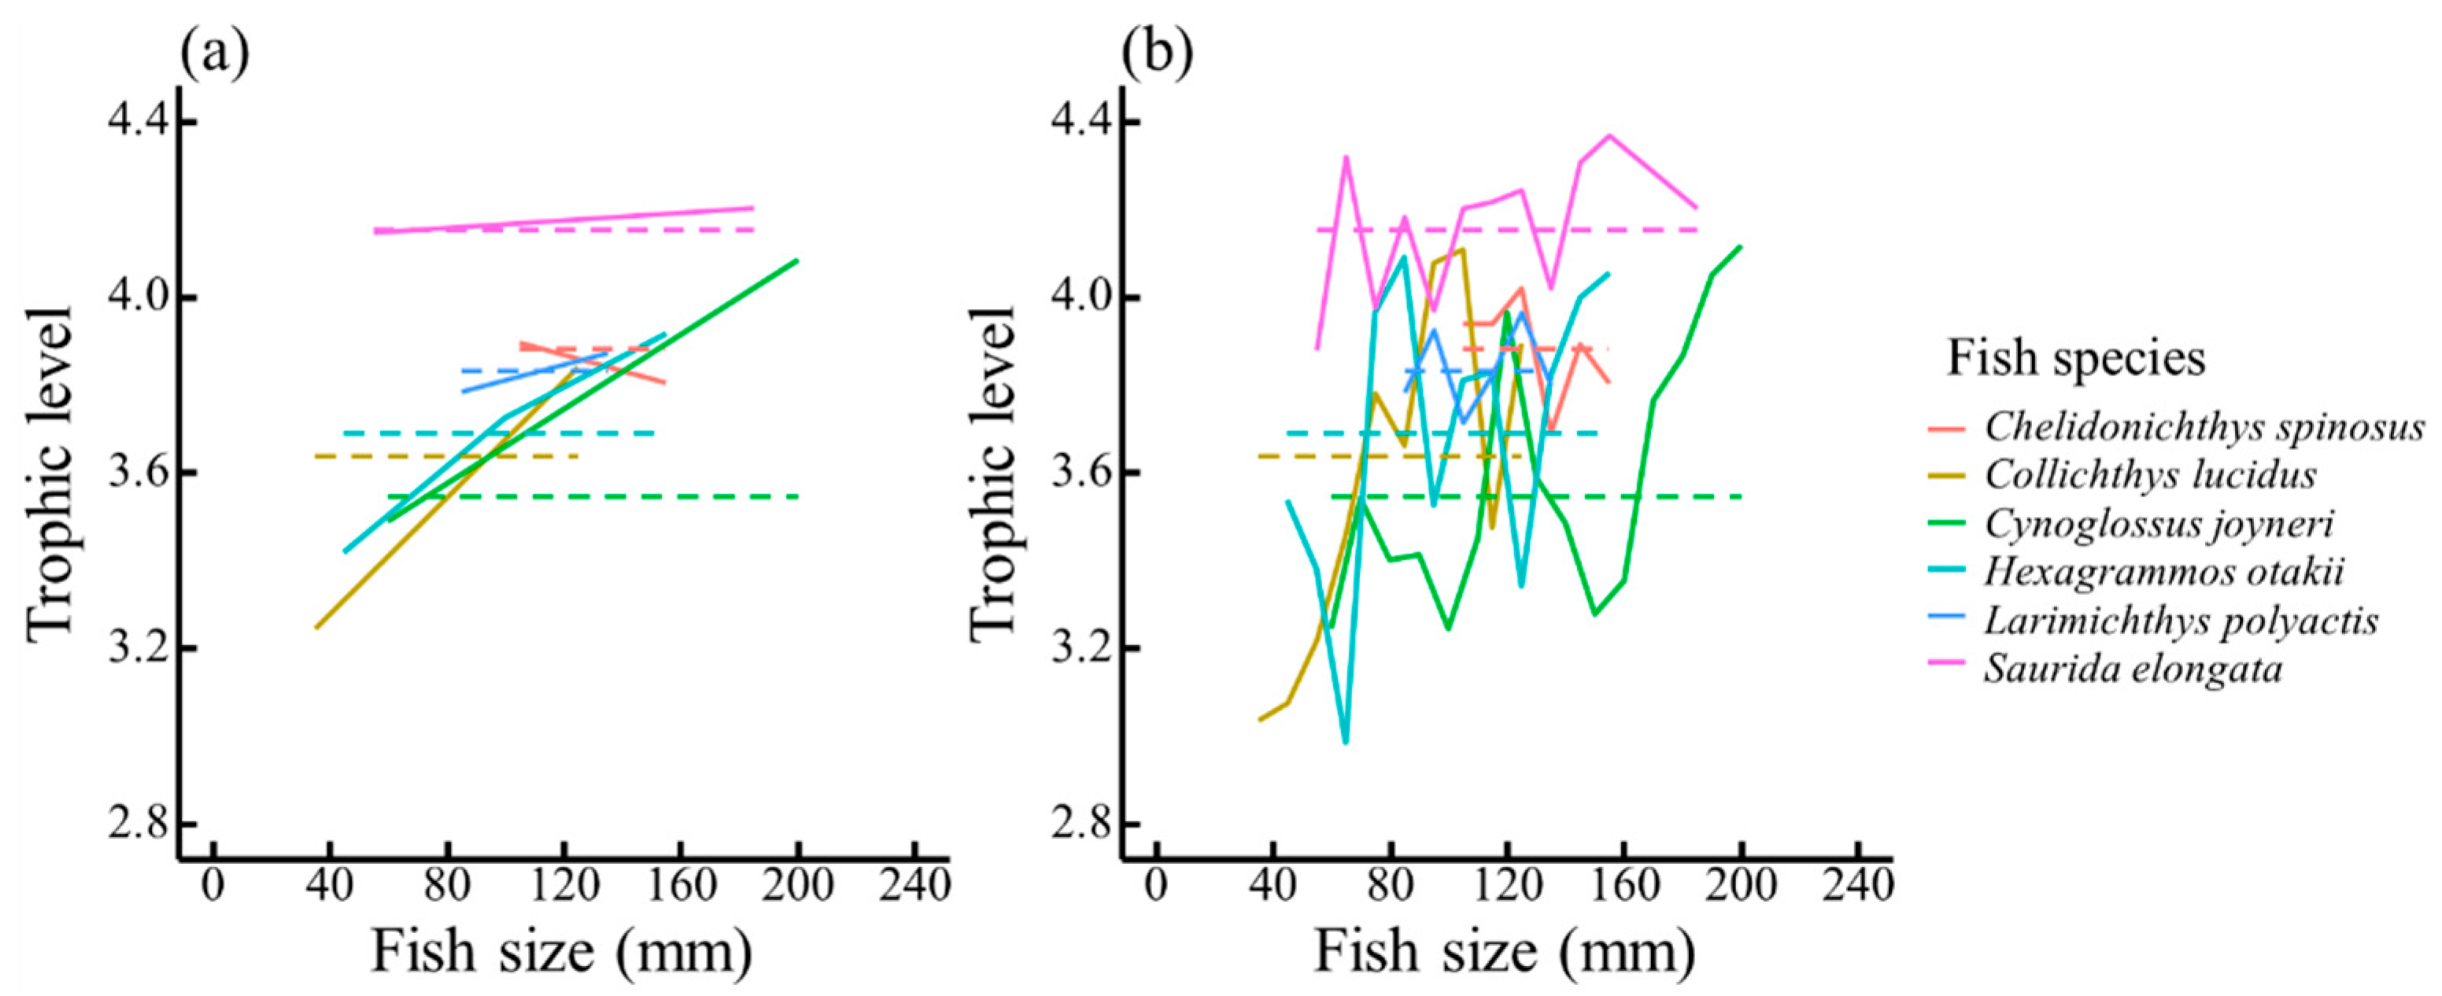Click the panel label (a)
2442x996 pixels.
pos(214,55)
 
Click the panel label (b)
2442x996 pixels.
pos(1157,55)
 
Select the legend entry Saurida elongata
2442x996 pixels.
pos(2133,669)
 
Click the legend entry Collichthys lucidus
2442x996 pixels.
pos(2150,474)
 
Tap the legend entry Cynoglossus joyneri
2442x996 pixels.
pos(2159,523)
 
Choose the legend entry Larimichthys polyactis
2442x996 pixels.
pos(2181,621)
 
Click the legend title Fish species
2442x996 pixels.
pos(2076,358)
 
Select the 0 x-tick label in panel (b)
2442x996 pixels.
pos(1155,886)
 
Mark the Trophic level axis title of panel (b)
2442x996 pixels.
pos(993,474)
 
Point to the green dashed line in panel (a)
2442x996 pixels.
pos(663,496)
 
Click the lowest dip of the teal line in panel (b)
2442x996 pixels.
pos(1345,742)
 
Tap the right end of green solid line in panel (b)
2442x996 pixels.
pos(1741,247)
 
